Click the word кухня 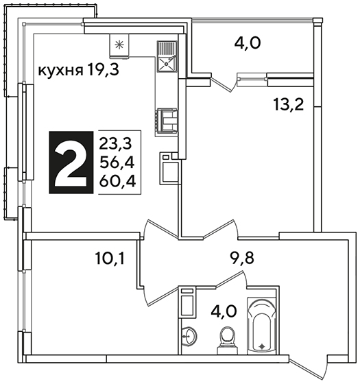(x=60, y=71)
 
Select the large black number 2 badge (x=71, y=163)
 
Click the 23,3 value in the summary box (x=115, y=144)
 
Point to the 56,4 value (x=117, y=163)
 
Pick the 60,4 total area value (x=117, y=181)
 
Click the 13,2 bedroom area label (x=289, y=104)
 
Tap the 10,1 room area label (x=110, y=259)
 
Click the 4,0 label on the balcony (x=248, y=43)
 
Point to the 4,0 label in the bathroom (x=224, y=311)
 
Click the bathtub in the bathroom (x=262, y=326)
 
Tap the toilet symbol (x=228, y=340)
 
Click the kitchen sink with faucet (x=167, y=56)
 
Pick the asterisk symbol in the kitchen (x=119, y=45)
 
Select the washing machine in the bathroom (x=188, y=302)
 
